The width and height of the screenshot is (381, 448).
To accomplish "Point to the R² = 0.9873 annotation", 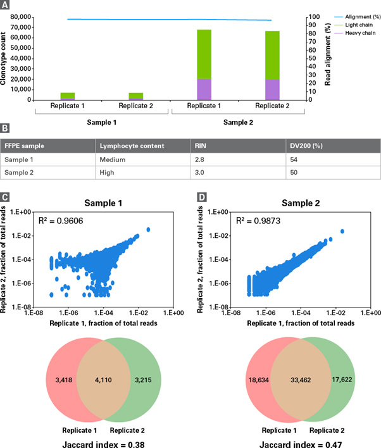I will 257,221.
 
